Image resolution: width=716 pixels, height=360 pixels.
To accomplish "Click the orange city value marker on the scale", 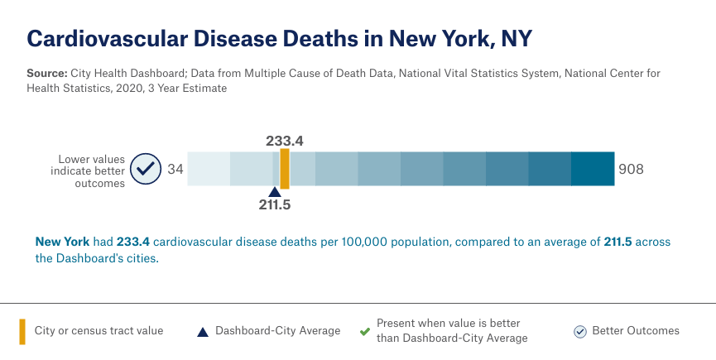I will [x=285, y=169].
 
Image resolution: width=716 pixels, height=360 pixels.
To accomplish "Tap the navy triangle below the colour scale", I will [x=275, y=191].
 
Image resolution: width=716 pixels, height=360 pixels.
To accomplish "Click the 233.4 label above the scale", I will [x=285, y=141].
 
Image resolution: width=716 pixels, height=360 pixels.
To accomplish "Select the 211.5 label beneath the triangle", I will [x=275, y=204].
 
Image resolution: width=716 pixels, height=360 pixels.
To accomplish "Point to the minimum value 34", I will [x=175, y=169].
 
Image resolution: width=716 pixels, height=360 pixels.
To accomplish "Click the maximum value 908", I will [x=630, y=169].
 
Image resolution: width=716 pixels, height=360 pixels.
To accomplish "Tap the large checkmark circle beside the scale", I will [x=147, y=169].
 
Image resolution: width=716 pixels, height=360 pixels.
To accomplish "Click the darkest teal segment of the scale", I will [x=593, y=169].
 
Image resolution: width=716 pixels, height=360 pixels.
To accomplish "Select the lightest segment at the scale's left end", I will [x=209, y=169].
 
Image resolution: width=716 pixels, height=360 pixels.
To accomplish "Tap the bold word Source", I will [x=46, y=74].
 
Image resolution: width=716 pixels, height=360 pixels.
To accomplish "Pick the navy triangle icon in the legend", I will [x=202, y=332].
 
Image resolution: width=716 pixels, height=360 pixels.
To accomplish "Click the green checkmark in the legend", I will [x=364, y=331].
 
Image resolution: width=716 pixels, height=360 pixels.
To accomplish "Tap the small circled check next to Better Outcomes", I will [x=580, y=331].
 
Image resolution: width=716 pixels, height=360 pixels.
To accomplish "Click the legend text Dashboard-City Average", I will [x=277, y=331].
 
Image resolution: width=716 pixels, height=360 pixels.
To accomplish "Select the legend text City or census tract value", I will [x=99, y=331].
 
